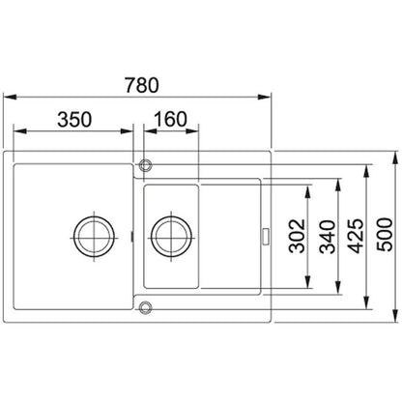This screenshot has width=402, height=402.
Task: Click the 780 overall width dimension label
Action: pos(142,85)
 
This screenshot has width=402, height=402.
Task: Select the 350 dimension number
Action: pos(74,119)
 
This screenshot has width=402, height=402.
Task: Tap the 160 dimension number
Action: pos(170,119)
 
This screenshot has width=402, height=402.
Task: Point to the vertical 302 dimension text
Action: pos(297,236)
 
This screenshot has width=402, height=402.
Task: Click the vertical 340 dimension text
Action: pos(327,237)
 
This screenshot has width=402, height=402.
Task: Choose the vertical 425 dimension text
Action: pos(357,236)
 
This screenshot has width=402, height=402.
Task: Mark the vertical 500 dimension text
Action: pos(386,235)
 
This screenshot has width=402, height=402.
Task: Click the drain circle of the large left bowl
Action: pos(94,238)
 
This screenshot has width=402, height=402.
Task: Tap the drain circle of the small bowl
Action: pos(171,238)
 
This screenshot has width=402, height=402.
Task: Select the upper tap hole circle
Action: pos(145,165)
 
